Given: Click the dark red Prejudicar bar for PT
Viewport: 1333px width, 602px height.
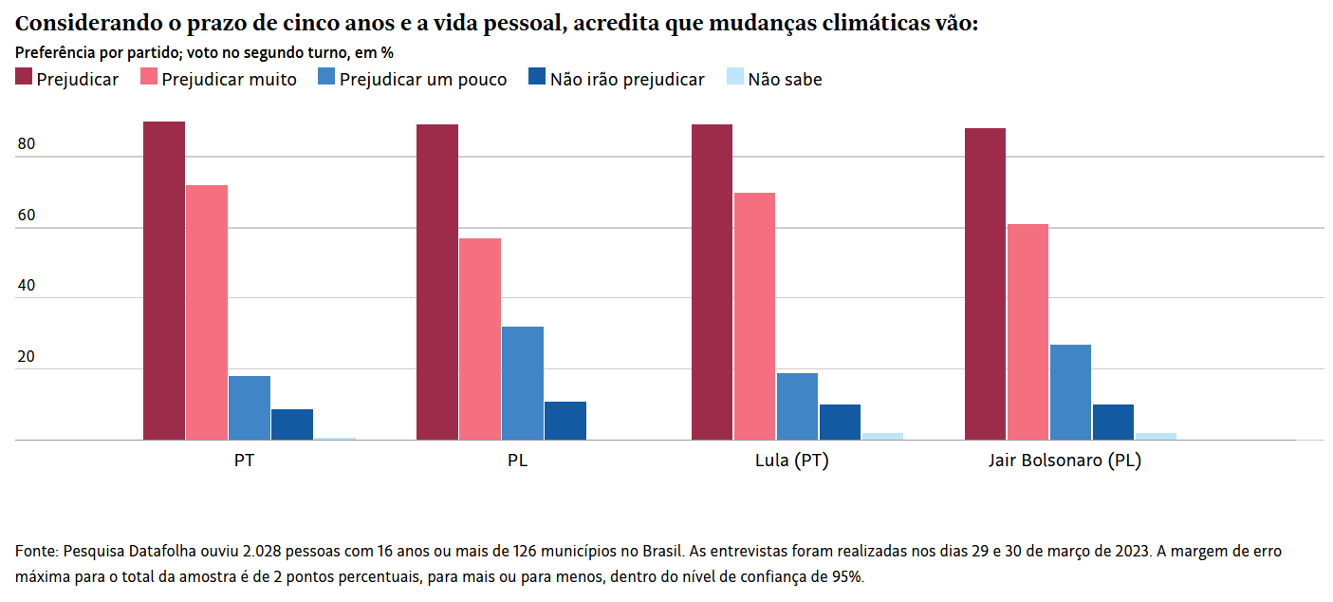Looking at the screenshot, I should pos(164,281).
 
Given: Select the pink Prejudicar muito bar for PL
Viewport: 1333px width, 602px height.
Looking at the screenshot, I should pos(480,339).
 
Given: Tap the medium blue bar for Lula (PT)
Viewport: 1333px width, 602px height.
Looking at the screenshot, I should pos(797,406).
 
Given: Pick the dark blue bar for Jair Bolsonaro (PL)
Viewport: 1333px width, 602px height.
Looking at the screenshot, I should pos(1113,423).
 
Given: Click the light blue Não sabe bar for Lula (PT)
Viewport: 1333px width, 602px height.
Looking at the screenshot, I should pos(882,437).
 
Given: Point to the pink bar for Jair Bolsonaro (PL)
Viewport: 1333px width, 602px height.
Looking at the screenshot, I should pos(1028,332).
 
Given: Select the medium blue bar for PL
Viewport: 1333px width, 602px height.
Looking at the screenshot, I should pos(523,384).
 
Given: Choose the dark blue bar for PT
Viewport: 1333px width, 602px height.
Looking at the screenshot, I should pos(292,424).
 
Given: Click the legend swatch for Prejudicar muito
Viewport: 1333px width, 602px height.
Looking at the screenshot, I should pos(149,78).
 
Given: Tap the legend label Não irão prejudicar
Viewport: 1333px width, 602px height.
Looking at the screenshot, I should pos(627,80).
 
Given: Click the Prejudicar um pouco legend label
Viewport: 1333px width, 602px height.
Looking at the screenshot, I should pos(423,80).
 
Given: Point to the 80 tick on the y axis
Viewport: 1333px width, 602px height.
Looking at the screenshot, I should pos(26,145).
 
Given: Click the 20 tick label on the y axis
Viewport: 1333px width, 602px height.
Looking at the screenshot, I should pos(26,358).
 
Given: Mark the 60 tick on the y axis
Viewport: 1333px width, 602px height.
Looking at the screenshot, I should pos(26,216).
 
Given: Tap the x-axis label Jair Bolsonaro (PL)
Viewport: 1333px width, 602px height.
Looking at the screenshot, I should pos(1065,461).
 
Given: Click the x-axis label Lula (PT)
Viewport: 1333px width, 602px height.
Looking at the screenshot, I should pos(792,461).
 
